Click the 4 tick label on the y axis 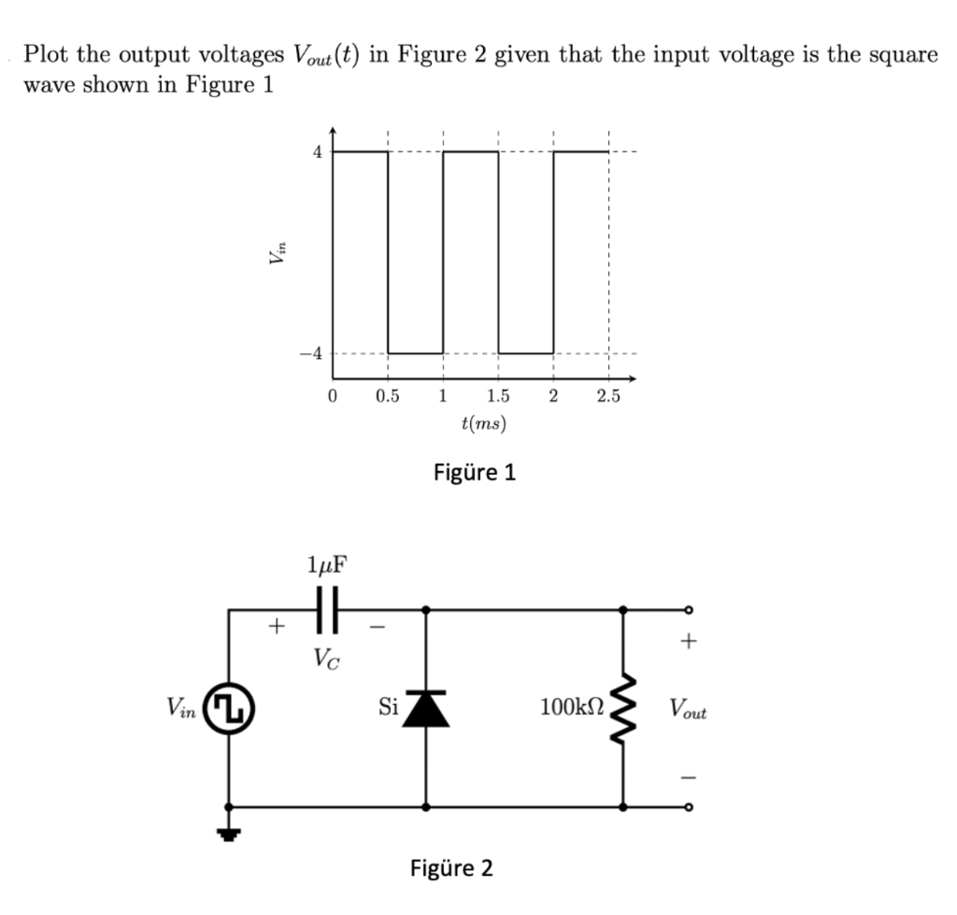[x=318, y=151]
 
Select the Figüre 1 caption [x=475, y=472]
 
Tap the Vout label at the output [x=688, y=711]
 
